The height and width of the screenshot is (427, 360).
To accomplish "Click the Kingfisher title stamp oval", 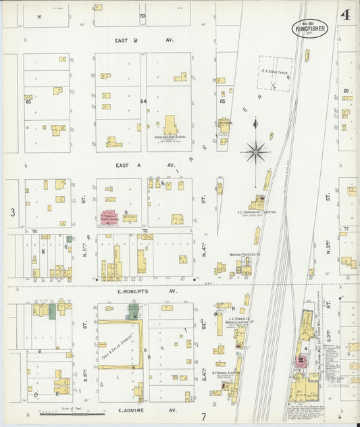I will click(x=310, y=28).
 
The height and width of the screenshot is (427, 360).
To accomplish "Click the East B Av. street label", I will click(x=144, y=41).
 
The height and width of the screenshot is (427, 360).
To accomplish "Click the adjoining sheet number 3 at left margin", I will click(x=12, y=212).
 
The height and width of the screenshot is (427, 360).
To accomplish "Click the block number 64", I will click(x=143, y=102).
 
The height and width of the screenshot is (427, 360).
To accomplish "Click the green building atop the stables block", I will click(x=134, y=310).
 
